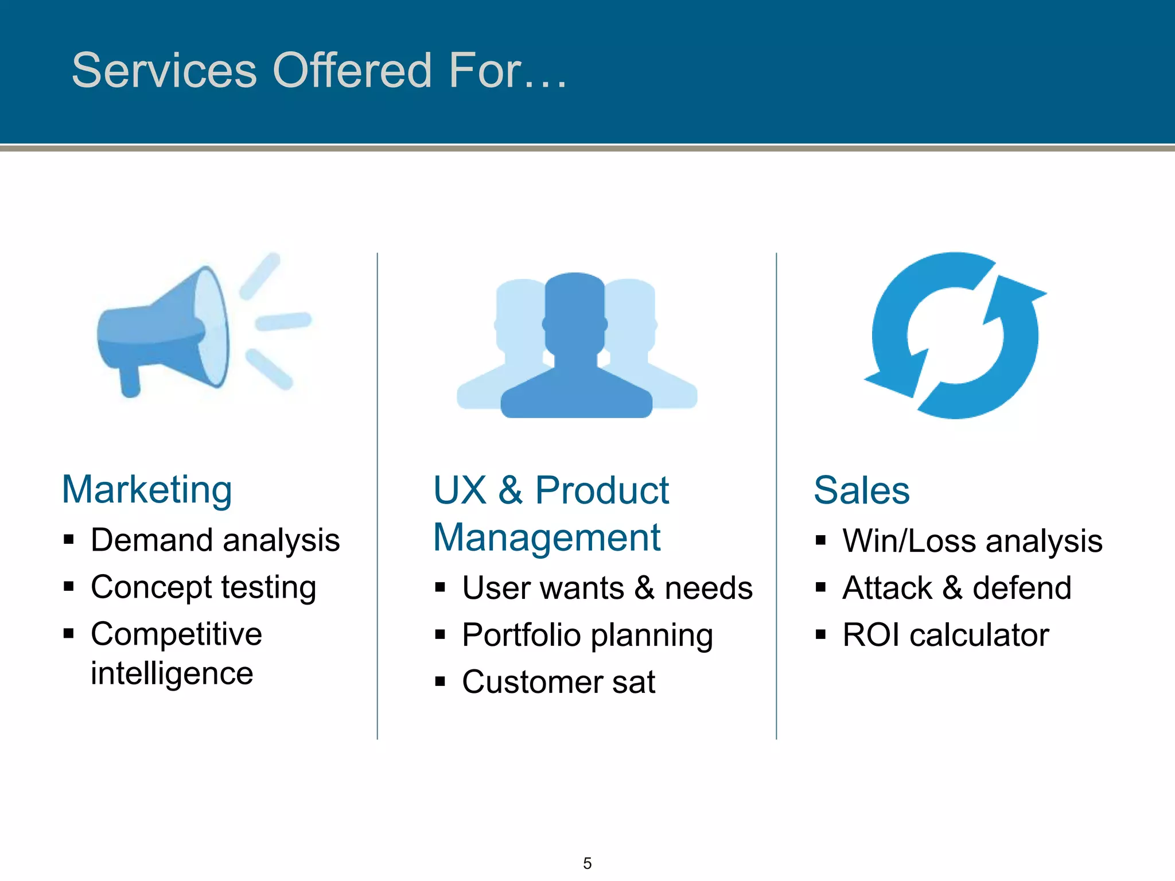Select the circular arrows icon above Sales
pyautogui.click(x=955, y=336)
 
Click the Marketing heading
pyautogui.click(x=147, y=490)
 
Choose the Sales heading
pyautogui.click(x=862, y=490)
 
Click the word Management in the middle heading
pyautogui.click(x=547, y=538)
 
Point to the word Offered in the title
pyautogui.click(x=352, y=70)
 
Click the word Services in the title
pyautogui.click(x=165, y=70)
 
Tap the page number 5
pyautogui.click(x=587, y=863)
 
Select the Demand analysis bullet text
pyautogui.click(x=215, y=540)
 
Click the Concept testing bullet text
pyautogui.click(x=203, y=587)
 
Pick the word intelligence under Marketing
pyautogui.click(x=172, y=673)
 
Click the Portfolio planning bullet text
pyautogui.click(x=587, y=635)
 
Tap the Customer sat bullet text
pyautogui.click(x=558, y=682)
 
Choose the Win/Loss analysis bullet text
pyautogui.click(x=972, y=541)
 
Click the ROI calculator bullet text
pyautogui.click(x=946, y=635)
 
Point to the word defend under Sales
pyautogui.click(x=1022, y=588)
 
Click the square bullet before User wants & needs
pyautogui.click(x=440, y=587)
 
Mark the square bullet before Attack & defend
pyautogui.click(x=820, y=587)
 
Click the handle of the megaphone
pyautogui.click(x=130, y=381)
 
